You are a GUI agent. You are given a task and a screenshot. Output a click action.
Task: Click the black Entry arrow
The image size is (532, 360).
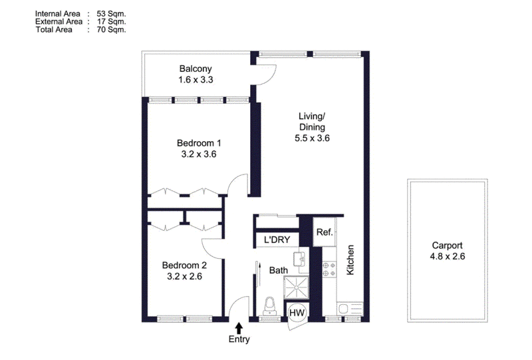[239, 328]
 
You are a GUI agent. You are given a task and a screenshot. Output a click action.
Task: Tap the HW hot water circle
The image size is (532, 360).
[297, 313]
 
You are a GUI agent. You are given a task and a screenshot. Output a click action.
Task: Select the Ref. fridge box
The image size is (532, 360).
[325, 232]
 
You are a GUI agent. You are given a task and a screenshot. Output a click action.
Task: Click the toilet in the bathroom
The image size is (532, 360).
[270, 306]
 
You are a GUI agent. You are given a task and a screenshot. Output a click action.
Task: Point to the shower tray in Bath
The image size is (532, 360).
[297, 287]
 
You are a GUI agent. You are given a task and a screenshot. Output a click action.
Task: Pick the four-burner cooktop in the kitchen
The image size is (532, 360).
[329, 269]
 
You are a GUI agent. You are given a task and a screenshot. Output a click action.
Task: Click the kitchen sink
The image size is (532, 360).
[350, 309]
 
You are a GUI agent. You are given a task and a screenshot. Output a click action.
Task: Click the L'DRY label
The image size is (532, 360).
[277, 240]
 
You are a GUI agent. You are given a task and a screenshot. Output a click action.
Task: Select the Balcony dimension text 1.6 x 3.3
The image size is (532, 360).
[196, 79]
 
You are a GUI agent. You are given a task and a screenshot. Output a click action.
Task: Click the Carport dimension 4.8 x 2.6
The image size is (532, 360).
[447, 256]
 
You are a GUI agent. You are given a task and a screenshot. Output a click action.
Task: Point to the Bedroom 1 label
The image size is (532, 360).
[199, 143]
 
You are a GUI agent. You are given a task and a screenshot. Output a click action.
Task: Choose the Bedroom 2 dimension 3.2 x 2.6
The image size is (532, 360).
[184, 276]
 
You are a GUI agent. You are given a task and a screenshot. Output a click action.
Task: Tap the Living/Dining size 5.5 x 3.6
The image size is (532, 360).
[312, 138]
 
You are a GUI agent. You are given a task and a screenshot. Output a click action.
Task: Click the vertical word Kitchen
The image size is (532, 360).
[350, 260]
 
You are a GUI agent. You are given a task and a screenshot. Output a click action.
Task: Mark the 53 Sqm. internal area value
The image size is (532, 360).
[111, 13]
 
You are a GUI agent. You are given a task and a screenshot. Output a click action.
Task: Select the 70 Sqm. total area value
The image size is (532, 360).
[111, 29]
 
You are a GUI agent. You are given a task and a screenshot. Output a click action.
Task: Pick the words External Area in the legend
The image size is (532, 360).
[59, 21]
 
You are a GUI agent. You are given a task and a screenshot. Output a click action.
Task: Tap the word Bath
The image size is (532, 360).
[279, 270]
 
